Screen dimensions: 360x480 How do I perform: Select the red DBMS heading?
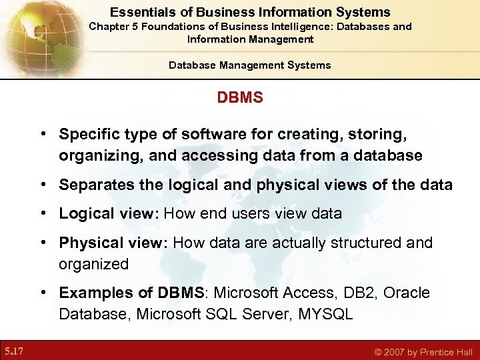(x=240, y=98)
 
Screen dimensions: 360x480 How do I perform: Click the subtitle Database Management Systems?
(x=249, y=65)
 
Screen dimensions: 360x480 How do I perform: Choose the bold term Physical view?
(x=113, y=243)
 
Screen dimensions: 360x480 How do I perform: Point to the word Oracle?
(x=407, y=293)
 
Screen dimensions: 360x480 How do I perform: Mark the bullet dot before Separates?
(x=42, y=185)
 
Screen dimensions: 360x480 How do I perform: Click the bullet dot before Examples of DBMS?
(x=42, y=293)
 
